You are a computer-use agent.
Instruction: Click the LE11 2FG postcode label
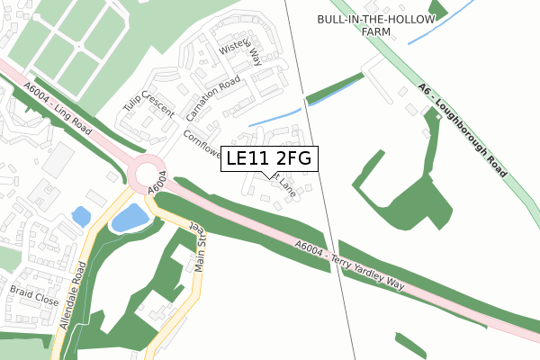point(269,159)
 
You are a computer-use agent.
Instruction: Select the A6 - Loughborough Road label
point(461,127)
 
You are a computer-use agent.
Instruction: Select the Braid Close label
point(33,296)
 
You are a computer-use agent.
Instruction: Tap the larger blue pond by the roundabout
point(130,217)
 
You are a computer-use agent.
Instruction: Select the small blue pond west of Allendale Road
point(80,216)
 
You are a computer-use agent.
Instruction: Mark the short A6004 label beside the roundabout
point(156,184)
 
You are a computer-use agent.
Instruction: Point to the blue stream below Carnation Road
point(274,116)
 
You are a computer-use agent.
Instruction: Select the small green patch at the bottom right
point(409,346)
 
